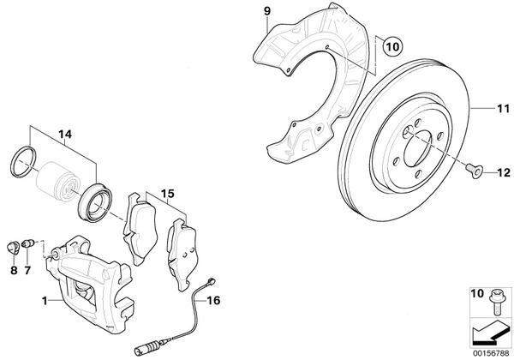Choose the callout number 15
coord(167,195)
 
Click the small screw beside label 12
coord(474,171)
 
